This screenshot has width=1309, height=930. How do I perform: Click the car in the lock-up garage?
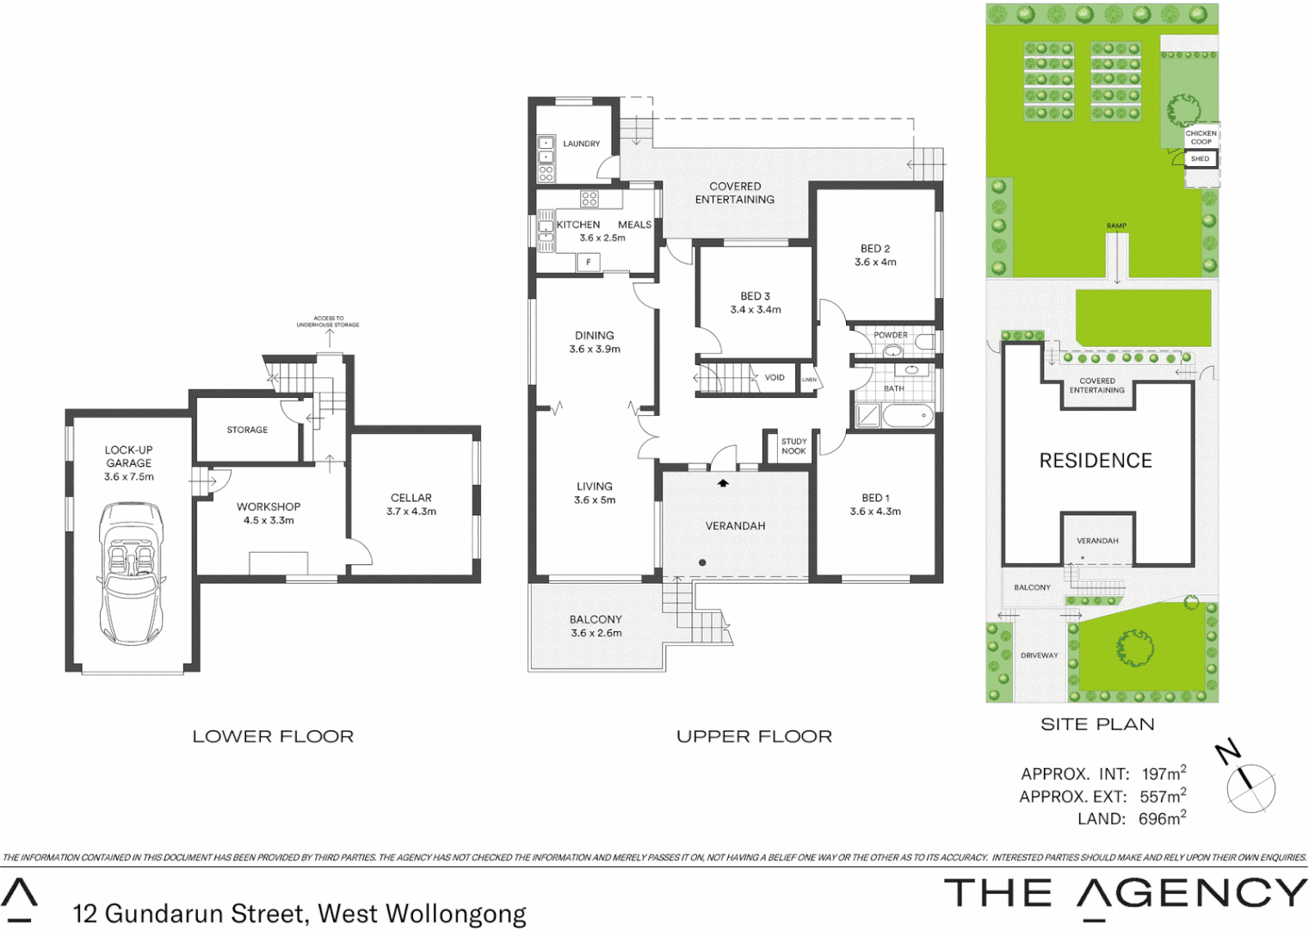(131, 573)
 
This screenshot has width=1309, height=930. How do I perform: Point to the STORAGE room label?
(247, 430)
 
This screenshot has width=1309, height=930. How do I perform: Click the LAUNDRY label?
(582, 144)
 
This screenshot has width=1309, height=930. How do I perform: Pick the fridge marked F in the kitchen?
(589, 262)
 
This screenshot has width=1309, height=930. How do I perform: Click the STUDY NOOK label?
(793, 446)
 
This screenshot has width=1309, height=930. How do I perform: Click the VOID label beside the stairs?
(775, 377)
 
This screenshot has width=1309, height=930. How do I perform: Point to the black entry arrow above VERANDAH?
(723, 483)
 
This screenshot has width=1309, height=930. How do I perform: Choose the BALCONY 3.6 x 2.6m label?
(596, 626)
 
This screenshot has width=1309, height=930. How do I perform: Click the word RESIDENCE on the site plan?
(1096, 461)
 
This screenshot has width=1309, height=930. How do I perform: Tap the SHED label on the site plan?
(1201, 158)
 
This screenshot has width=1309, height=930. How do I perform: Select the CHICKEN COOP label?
(1201, 137)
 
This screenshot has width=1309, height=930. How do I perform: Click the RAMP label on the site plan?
(1116, 226)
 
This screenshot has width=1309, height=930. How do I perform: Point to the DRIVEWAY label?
(1040, 655)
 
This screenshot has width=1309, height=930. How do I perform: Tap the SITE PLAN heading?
(1097, 724)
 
